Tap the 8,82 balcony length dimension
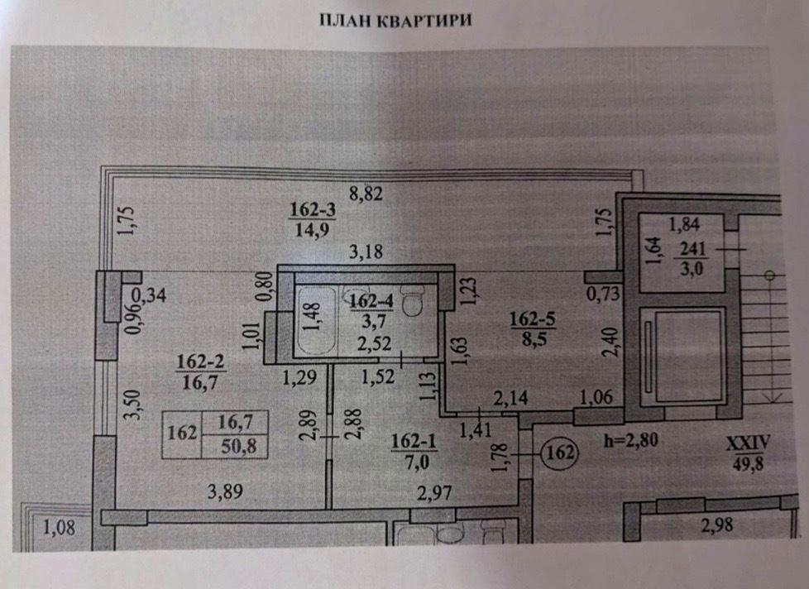[x=367, y=195]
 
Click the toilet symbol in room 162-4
[x=411, y=304]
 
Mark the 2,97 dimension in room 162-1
[x=438, y=494]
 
